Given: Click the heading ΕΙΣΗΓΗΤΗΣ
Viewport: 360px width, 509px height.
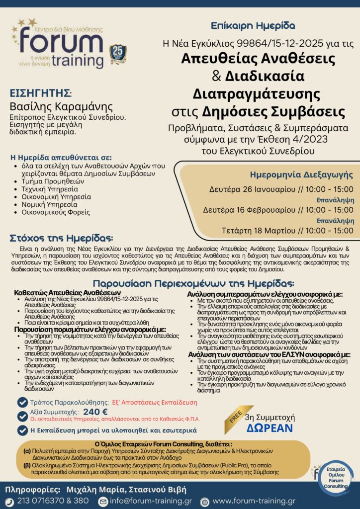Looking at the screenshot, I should click(40, 93).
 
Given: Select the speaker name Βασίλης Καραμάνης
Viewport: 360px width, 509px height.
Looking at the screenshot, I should click(54, 106).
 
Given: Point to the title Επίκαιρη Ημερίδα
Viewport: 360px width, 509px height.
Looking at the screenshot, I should click(253, 25).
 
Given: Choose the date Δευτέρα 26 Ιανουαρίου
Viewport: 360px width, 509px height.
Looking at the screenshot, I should click(246, 189).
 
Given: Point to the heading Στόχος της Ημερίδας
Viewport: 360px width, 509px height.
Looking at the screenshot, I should click(61, 238).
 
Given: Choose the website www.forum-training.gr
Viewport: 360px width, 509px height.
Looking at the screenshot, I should click(254, 501).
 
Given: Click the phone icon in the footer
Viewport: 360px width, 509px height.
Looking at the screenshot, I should click(10, 501).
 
